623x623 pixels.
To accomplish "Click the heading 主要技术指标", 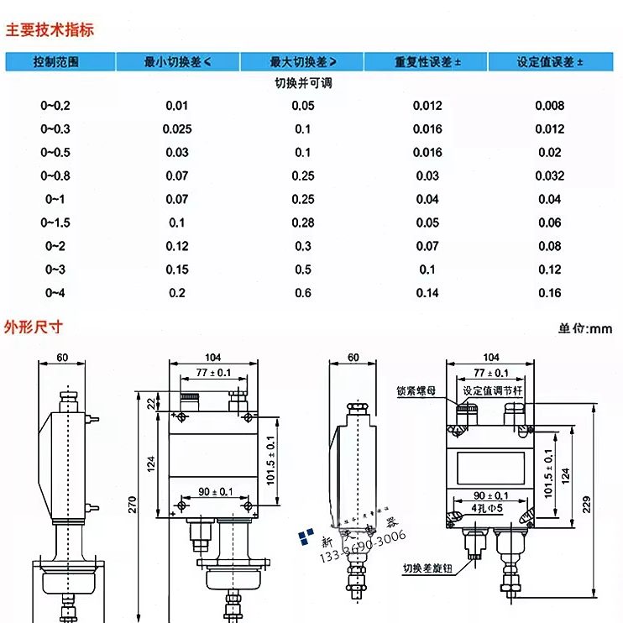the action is pyautogui.click(x=50, y=30).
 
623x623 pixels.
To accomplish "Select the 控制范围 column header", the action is pyautogui.click(x=56, y=62).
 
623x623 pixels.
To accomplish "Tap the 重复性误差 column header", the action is pyautogui.click(x=427, y=62).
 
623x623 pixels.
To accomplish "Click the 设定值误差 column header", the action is pyautogui.click(x=550, y=62).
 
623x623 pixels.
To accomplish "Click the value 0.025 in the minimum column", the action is pyautogui.click(x=177, y=128).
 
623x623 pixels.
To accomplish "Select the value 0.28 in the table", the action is pyautogui.click(x=303, y=222).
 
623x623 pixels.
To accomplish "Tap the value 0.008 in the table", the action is pyautogui.click(x=550, y=105).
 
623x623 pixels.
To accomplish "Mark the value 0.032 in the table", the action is pyautogui.click(x=550, y=175).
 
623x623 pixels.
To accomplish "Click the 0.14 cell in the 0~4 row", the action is pyautogui.click(x=427, y=292).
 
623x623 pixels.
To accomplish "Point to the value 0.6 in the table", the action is pyautogui.click(x=303, y=292).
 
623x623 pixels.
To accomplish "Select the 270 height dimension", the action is pyautogui.click(x=132, y=504).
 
